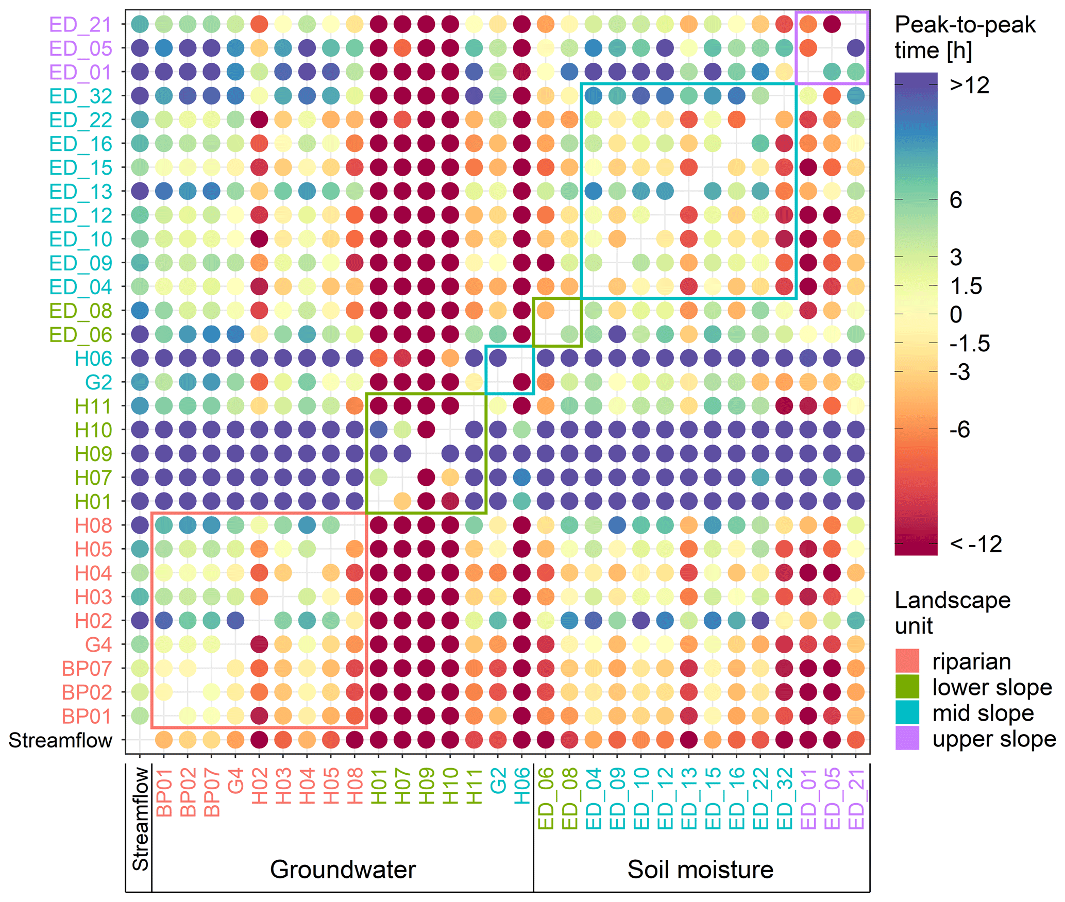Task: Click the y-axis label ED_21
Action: point(80,24)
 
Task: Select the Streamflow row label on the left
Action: point(60,740)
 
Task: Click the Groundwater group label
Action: point(343,870)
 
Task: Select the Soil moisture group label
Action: point(700,870)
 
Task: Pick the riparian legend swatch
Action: point(907,661)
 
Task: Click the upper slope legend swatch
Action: point(907,738)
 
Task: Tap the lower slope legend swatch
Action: point(907,687)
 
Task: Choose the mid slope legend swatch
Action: point(907,712)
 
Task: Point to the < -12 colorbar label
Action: point(976,544)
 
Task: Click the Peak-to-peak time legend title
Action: point(965,38)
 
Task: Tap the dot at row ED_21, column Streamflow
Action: point(140,24)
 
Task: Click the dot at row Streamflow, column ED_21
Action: point(856,740)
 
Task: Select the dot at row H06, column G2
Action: point(498,358)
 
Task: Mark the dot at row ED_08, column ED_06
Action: point(546,310)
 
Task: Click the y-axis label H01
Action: point(93,502)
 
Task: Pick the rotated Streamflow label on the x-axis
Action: point(140,819)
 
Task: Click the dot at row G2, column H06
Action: point(522,382)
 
